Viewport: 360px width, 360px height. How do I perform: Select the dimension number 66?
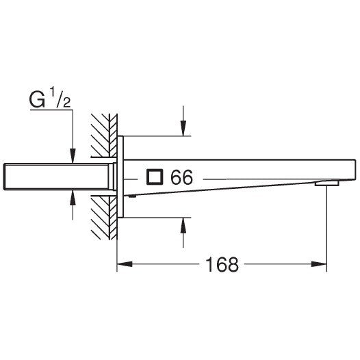pos(181,178)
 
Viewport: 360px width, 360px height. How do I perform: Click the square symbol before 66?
pos(155,178)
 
